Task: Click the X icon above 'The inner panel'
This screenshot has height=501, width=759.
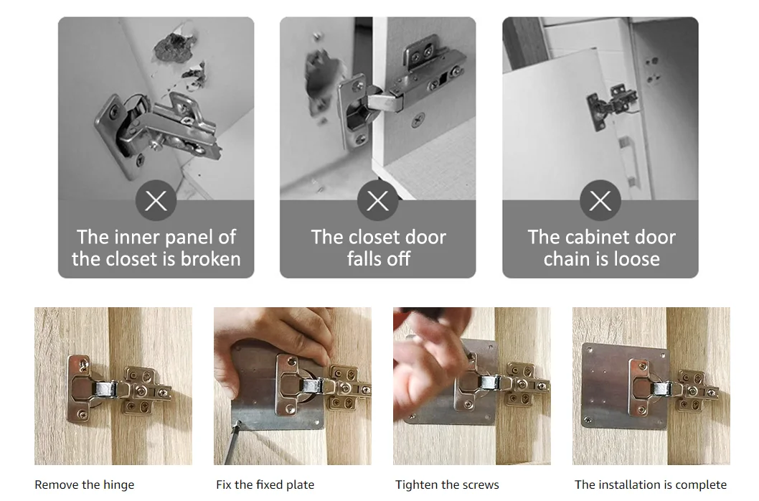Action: [156, 200]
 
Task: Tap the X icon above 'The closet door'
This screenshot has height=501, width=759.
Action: [377, 200]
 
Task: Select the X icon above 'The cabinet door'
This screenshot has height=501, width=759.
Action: [600, 200]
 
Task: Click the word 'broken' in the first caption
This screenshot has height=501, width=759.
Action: [211, 258]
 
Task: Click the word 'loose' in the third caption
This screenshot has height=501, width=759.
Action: [636, 258]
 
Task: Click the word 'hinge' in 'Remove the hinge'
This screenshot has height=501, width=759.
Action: [118, 485]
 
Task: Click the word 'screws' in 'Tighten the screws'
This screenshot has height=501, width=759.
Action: [480, 485]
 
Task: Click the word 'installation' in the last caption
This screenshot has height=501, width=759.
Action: [627, 484]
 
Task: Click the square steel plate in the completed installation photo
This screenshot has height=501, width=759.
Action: [625, 385]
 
